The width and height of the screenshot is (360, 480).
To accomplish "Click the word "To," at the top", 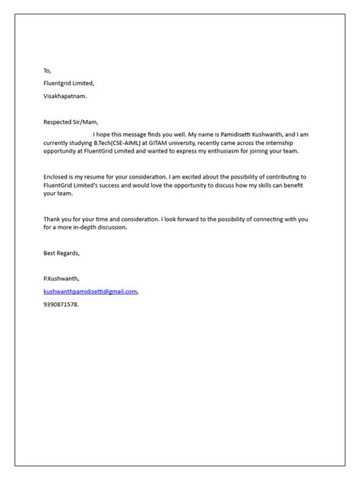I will (48, 71).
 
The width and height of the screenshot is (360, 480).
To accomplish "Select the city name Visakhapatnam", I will (65, 96).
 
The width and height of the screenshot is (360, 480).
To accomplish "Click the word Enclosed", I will (58, 175).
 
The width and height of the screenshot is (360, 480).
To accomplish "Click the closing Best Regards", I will (62, 253).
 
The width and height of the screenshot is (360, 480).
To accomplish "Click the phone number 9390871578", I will (61, 304).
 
